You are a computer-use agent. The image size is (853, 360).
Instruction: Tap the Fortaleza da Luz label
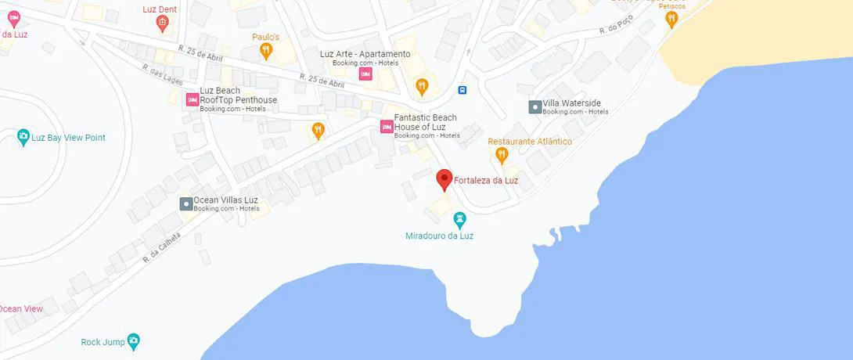[x=486, y=181]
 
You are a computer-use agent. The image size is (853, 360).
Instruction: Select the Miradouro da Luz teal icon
[x=460, y=220]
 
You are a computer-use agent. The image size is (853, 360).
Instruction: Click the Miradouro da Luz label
[x=440, y=236]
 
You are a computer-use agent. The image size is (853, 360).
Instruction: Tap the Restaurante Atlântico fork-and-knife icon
[x=502, y=156]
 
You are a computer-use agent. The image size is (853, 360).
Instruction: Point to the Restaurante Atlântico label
[x=530, y=142]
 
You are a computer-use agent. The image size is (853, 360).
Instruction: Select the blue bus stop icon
[x=463, y=89]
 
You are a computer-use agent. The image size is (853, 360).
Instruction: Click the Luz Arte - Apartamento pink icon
[x=365, y=74]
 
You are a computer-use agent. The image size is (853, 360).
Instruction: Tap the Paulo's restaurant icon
[x=266, y=52]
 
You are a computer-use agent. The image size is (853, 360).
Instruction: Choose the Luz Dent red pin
[x=162, y=23]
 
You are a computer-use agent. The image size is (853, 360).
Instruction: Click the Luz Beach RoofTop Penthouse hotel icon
[x=192, y=99]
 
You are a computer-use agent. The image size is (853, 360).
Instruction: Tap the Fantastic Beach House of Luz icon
[x=387, y=127]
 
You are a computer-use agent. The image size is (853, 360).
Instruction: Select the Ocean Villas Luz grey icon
[x=186, y=204]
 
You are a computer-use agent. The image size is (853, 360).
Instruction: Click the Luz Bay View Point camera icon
[x=24, y=138]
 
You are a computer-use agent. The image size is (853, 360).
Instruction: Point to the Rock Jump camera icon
[x=133, y=342]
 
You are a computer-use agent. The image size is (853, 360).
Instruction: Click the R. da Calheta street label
[x=162, y=249]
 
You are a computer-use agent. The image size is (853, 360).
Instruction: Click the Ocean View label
[x=21, y=309]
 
